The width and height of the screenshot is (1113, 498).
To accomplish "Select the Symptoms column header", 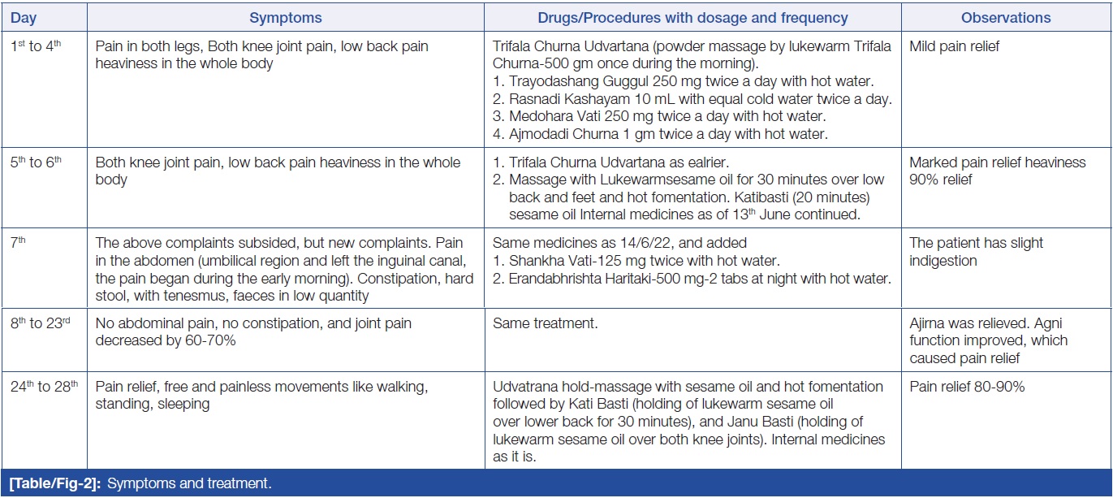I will [x=286, y=18].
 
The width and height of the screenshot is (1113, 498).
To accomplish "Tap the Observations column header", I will [x=1006, y=18].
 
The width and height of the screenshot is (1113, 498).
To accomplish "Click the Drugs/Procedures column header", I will [x=692, y=18].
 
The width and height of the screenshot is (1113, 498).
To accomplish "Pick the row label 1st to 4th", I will [x=36, y=47].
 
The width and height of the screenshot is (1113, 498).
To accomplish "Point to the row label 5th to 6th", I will [x=36, y=162].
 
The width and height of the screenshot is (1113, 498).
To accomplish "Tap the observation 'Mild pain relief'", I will [x=955, y=47].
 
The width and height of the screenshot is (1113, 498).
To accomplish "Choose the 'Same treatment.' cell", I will [x=545, y=324].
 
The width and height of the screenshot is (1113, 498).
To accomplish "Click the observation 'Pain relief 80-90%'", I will [x=967, y=387].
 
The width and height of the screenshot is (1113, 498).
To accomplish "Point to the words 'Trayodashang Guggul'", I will [x=573, y=82].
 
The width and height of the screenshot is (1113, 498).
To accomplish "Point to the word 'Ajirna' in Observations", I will [x=928, y=324].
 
